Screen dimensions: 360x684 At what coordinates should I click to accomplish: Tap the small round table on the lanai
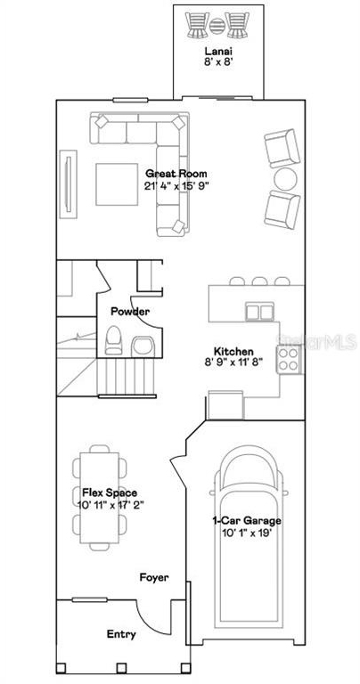217,26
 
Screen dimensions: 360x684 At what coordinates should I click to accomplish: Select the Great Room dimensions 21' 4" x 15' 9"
176,186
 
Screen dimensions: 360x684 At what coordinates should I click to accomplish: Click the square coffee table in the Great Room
117,184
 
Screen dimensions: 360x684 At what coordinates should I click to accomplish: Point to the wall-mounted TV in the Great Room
68,184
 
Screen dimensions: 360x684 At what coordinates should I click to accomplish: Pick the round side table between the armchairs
285,179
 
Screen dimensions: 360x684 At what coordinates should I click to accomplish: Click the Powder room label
130,312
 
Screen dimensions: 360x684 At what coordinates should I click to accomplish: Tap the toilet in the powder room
113,340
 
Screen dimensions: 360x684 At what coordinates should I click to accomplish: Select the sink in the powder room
143,346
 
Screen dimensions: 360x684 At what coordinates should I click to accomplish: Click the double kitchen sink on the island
259,312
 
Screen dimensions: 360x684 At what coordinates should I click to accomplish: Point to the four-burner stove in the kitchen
289,360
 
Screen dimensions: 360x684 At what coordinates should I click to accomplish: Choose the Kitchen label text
233,351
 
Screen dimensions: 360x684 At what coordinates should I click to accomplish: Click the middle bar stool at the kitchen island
259,281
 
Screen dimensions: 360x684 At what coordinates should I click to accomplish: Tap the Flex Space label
110,493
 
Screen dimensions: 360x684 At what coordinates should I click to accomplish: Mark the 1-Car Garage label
247,520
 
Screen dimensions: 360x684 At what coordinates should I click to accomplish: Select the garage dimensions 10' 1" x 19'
247,532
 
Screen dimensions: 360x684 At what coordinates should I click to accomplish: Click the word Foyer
154,577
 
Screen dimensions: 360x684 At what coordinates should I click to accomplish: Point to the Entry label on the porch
121,634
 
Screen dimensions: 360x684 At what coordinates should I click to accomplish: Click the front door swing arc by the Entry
147,621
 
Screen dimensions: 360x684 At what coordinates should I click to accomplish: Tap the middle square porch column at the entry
121,667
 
